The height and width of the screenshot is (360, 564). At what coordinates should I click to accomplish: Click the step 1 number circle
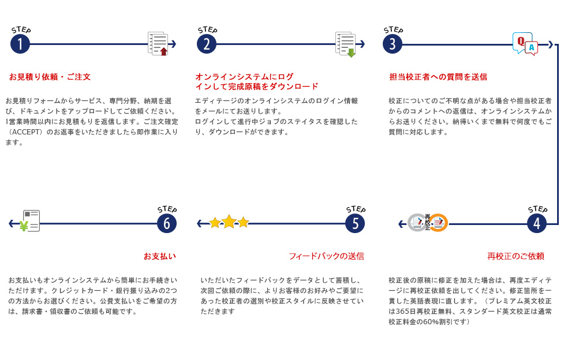[x=20, y=44]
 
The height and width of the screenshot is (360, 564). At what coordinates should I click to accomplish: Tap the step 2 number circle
[x=207, y=44]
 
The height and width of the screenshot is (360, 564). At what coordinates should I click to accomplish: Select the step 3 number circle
[x=393, y=44]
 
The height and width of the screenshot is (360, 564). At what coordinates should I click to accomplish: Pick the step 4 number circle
[x=537, y=223]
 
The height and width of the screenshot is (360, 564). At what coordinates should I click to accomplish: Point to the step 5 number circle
[x=355, y=223]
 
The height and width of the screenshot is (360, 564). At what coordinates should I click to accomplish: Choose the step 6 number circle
[x=167, y=223]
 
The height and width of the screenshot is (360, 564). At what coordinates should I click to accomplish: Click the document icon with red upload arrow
[x=158, y=44]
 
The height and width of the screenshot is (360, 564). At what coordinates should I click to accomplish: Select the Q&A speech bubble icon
[x=525, y=44]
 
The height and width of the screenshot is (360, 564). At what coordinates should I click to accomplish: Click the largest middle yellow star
[x=229, y=222]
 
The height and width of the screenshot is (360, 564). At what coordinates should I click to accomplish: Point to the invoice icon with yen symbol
[x=29, y=221]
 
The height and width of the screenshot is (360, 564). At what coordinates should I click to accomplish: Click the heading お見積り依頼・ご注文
[x=50, y=77]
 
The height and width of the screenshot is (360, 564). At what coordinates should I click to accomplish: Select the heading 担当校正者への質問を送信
[x=438, y=77]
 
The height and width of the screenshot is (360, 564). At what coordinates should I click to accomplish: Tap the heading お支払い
[x=160, y=256]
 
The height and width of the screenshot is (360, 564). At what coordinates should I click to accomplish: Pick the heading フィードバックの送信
[x=326, y=256]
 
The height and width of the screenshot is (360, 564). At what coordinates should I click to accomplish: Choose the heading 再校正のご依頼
[x=516, y=256]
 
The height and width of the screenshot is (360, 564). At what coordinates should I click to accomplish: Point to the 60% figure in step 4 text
[x=430, y=322]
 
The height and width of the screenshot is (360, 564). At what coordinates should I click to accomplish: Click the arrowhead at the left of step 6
[x=12, y=223]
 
